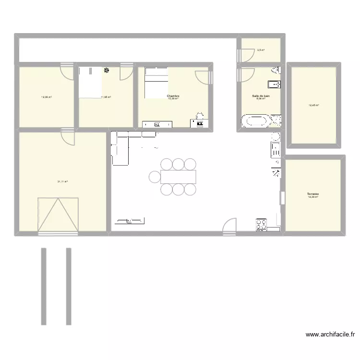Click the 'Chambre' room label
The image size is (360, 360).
[x=173, y=96]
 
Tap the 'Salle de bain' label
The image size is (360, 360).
[x=261, y=96]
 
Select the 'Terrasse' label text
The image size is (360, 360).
[x=313, y=194]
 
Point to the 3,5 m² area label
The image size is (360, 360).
[x=261, y=49]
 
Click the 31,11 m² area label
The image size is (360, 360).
[x=62, y=182]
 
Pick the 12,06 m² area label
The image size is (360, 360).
[x=47, y=97]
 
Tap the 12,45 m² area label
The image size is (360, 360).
[x=314, y=105]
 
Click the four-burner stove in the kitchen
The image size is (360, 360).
[x=262, y=224]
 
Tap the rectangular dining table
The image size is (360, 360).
[x=179, y=177]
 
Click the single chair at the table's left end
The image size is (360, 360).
[x=155, y=177]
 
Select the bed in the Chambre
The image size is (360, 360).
[x=156, y=83]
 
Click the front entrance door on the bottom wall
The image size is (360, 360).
[x=229, y=226]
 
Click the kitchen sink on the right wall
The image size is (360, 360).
[x=276, y=149]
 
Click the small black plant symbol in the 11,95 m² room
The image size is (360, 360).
[x=106, y=71]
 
